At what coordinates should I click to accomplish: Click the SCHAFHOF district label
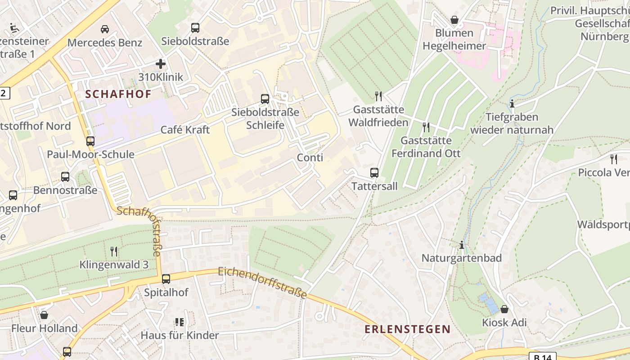tap(118, 94)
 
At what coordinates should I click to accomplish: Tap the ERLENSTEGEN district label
tap(407, 329)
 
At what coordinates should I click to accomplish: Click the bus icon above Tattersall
tap(374, 172)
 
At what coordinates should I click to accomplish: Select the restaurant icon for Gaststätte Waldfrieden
tap(378, 96)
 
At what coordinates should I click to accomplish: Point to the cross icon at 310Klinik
tap(161, 64)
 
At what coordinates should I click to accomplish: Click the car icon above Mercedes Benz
tap(105, 29)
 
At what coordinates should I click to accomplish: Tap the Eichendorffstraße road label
tap(262, 283)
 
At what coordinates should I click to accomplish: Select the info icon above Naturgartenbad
tap(461, 245)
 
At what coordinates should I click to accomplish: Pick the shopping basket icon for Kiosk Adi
tap(504, 309)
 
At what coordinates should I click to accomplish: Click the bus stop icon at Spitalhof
tap(166, 279)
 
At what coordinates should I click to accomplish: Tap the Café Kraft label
tap(185, 130)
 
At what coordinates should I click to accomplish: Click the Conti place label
tap(310, 157)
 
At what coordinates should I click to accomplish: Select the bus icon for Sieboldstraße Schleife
tap(265, 99)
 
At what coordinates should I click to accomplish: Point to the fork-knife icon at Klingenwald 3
tap(114, 251)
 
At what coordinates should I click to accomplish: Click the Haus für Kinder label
tap(180, 335)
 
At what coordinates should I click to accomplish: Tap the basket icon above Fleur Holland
tap(44, 315)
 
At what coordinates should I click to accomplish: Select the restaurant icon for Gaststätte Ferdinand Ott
tap(426, 127)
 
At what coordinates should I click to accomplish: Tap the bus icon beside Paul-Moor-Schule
tap(90, 141)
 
